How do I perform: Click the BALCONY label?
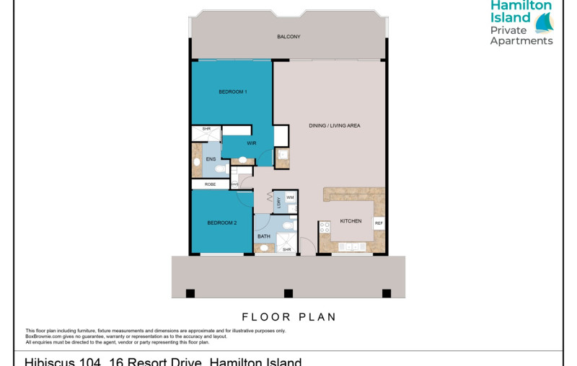tap(288, 37)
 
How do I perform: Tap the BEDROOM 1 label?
tap(233, 91)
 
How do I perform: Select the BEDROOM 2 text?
tap(222, 223)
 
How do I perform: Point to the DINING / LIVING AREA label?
tap(334, 125)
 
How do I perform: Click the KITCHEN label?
tap(351, 221)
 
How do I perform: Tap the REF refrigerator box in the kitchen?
tap(379, 223)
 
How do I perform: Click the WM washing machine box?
tap(290, 197)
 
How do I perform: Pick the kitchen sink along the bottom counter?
tap(350, 246)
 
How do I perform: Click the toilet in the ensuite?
tap(220, 169)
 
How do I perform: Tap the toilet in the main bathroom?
tap(287, 226)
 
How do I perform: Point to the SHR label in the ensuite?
tap(206, 129)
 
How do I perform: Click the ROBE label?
tap(210, 184)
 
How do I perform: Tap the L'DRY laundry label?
tap(278, 202)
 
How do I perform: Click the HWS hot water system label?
tap(234, 184)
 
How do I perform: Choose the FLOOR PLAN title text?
tap(288, 316)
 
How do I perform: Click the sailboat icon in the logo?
tap(544, 23)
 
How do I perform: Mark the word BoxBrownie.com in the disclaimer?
tap(43, 336)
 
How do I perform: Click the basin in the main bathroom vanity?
tap(264, 248)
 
